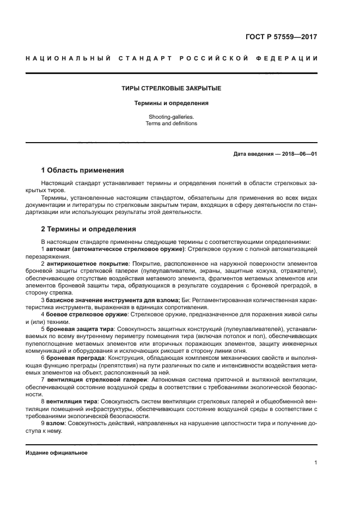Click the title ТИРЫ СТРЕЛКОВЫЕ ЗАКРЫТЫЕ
tap(170, 88)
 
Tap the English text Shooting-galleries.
tap(170, 116)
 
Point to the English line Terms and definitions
tap(170, 124)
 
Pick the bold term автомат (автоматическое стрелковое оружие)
tap(115, 248)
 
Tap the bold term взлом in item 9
tap(56, 422)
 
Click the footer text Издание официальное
tap(57, 452)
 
